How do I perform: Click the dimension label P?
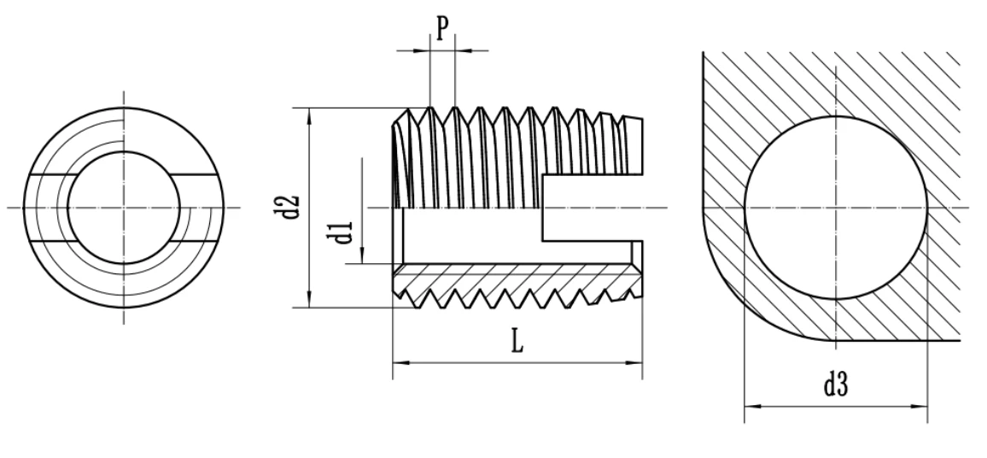(x=441, y=28)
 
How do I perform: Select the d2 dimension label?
(x=290, y=207)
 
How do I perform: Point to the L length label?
(x=517, y=343)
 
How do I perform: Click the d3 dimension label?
(x=835, y=385)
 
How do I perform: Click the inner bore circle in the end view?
(x=124, y=208)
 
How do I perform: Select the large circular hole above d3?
(x=835, y=207)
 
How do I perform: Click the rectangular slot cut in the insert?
(x=589, y=208)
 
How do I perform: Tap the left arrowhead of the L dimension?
(x=398, y=363)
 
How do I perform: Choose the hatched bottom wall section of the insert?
(x=512, y=277)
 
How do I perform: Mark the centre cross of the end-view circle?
(x=124, y=208)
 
